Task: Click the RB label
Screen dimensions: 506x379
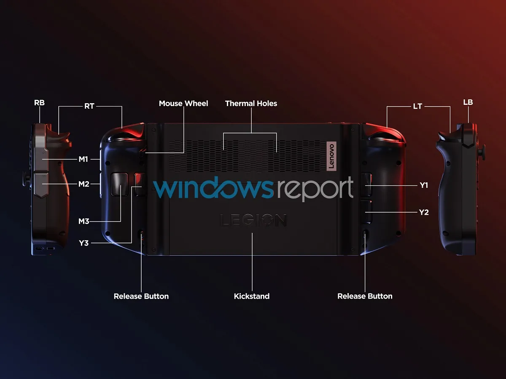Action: point(39,103)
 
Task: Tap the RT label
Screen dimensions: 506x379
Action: point(89,106)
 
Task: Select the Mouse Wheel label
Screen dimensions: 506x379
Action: point(183,104)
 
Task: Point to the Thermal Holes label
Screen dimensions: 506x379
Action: point(251,104)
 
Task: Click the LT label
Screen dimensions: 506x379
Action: point(417,106)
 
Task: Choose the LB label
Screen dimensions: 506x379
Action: point(468,102)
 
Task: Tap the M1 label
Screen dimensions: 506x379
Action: point(83,159)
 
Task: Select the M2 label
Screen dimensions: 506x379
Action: point(83,184)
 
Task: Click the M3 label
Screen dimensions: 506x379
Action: point(83,222)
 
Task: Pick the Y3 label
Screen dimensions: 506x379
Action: point(83,243)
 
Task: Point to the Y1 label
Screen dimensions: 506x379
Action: point(424,185)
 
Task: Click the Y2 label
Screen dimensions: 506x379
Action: point(424,212)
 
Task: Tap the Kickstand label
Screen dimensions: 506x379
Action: point(252,296)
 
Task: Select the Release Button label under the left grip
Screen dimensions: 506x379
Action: point(141,296)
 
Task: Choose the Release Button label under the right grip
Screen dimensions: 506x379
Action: point(365,296)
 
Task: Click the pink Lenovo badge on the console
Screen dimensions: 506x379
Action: point(331,156)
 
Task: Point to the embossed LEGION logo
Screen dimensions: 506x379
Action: point(253,220)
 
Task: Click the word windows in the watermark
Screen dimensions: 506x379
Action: point(213,187)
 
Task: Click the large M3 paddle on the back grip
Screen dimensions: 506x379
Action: point(119,184)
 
